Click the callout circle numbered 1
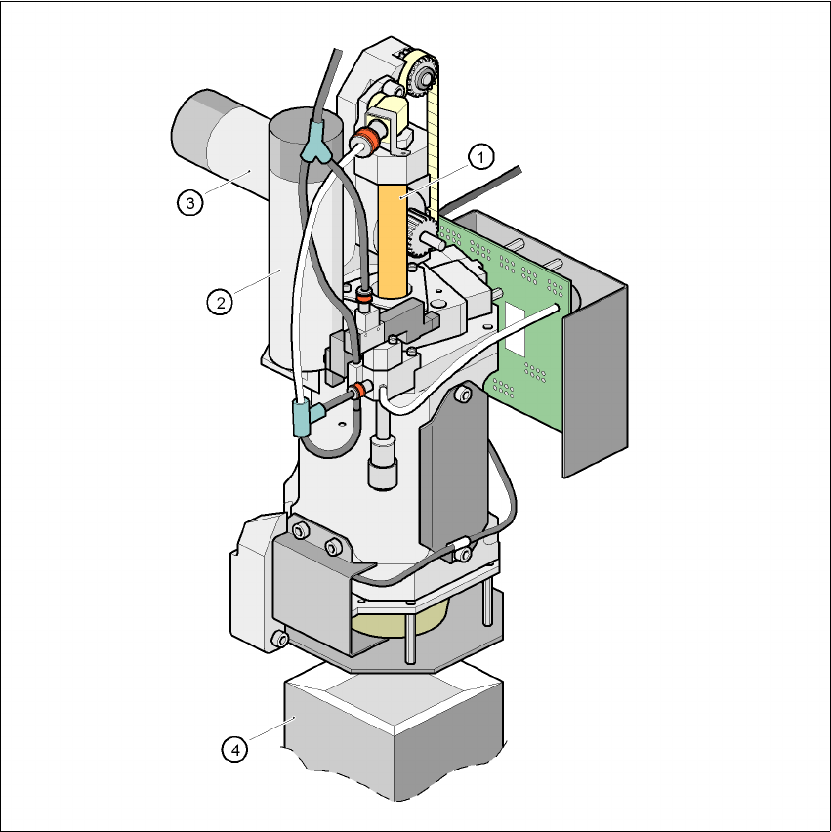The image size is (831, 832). (x=481, y=157)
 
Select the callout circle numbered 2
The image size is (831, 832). (x=220, y=303)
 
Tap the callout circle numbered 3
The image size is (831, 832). (x=190, y=202)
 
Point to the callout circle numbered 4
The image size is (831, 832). (x=234, y=750)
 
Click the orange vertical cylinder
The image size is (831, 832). (x=393, y=241)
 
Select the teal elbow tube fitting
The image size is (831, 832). (x=307, y=417)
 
